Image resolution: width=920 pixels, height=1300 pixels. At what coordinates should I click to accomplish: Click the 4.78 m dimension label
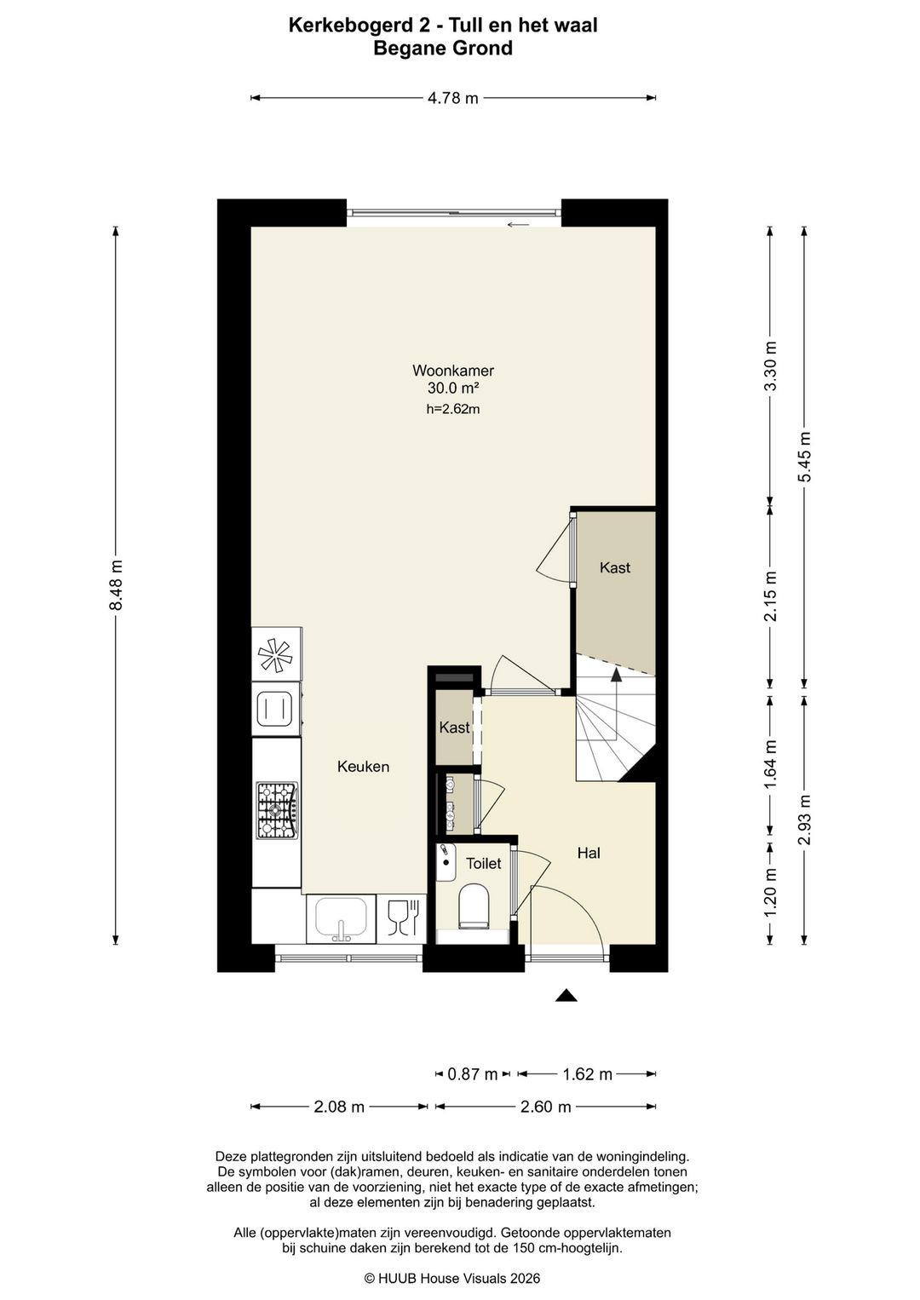tap(452, 98)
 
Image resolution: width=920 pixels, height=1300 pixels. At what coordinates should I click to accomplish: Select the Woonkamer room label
tap(452, 371)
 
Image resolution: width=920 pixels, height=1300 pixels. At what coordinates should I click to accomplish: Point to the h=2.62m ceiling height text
tap(452, 409)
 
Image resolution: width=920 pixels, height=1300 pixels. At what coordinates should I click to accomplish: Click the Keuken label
tap(364, 767)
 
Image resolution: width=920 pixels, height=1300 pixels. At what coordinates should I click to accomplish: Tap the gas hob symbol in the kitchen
tap(278, 810)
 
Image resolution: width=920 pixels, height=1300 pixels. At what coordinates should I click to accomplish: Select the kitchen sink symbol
tap(341, 918)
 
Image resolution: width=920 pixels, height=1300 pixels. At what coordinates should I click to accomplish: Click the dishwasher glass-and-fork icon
tap(401, 918)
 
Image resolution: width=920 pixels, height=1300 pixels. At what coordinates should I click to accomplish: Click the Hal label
tap(589, 853)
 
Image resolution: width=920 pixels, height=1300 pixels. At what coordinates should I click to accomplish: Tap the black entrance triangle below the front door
tap(566, 996)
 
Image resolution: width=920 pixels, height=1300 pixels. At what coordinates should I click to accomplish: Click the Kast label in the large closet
tap(615, 567)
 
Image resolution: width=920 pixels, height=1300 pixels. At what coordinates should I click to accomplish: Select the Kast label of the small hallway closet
tap(455, 728)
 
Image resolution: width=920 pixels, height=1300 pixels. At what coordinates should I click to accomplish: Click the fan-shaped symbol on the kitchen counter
tap(276, 655)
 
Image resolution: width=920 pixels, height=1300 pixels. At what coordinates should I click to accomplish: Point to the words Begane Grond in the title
tap(443, 48)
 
